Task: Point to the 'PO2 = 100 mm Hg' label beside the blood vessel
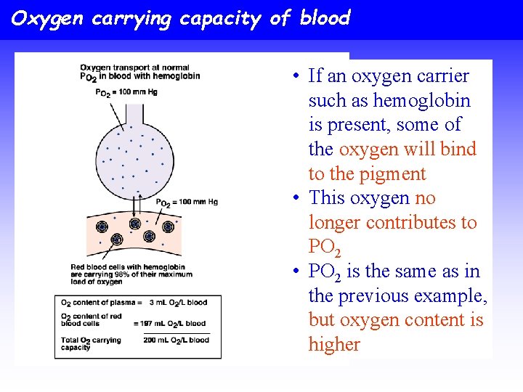tap(187, 202)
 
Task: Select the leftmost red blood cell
tap(102, 227)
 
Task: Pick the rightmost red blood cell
tap(168, 227)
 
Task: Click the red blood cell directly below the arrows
tap(134, 224)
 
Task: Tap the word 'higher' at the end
tap(334, 344)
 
